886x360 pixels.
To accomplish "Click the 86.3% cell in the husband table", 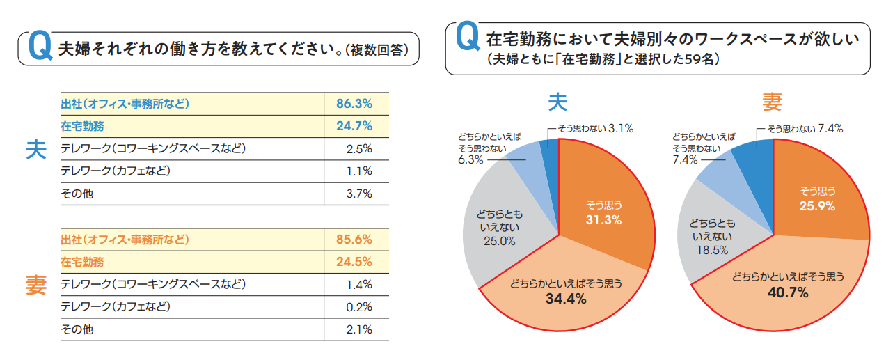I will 354,104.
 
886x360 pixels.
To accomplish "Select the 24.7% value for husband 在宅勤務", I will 354,126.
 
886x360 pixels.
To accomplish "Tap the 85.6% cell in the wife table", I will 354,240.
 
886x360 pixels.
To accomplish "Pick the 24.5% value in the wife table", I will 354,262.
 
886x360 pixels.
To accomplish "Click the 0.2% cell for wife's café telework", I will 359,307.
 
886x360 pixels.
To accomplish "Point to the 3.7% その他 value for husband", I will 359,194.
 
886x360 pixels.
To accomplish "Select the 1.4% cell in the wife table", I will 359,285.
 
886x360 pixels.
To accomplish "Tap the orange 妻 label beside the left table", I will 36,285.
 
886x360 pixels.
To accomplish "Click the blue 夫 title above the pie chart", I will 557,103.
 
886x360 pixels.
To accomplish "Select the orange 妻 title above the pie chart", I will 772,103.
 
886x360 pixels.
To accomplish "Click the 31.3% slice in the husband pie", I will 602,212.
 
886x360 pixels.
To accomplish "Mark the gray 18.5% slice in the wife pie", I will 711,237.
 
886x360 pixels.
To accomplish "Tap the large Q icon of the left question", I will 38,47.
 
